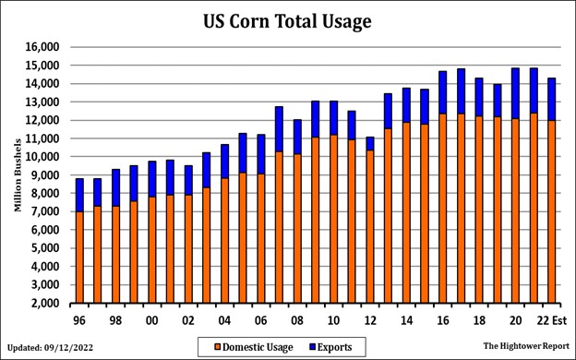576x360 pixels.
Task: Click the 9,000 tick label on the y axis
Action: (43, 175)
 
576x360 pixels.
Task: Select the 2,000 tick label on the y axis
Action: (43, 303)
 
